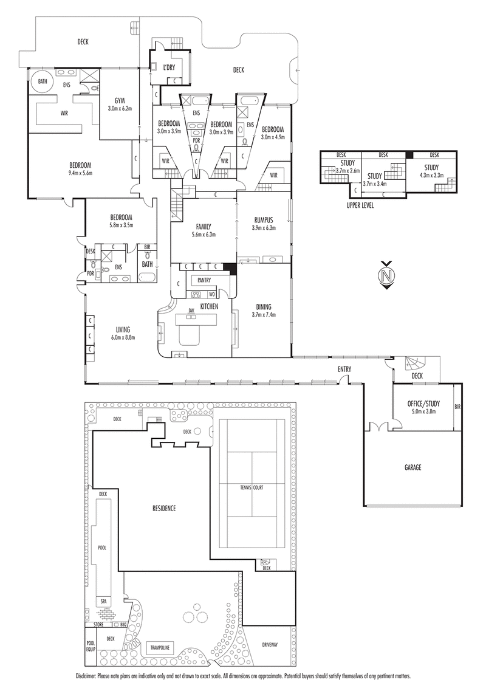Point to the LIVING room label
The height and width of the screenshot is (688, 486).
pyautogui.click(x=123, y=329)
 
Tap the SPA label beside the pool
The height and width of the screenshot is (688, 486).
pyautogui.click(x=103, y=600)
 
